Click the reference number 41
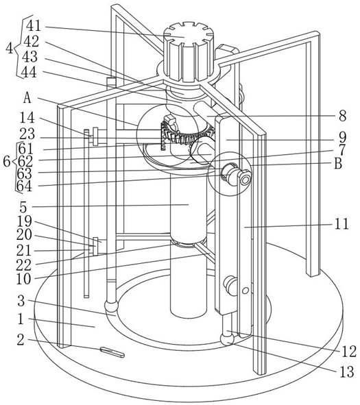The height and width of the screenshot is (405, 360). point(34,25)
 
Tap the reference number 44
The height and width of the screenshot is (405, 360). point(29,73)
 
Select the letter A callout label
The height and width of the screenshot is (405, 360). point(27,99)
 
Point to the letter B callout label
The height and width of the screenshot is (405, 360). point(338,164)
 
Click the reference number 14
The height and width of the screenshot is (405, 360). point(27,118)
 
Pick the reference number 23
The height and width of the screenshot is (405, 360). point(27,134)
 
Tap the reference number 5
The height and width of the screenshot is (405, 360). point(23,208)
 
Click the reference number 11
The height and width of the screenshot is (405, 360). point(341,223)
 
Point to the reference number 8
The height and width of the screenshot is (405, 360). point(342,116)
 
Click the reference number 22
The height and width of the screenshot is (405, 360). point(24,265)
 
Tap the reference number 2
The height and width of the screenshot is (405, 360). point(21,340)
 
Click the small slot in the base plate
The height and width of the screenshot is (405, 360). point(112,352)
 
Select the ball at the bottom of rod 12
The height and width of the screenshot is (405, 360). point(228,339)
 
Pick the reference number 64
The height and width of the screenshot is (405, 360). point(24,186)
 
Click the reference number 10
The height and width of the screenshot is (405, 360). point(23,279)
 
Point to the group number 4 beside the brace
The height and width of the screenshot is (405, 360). point(10,48)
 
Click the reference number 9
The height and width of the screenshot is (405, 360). point(342,138)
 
